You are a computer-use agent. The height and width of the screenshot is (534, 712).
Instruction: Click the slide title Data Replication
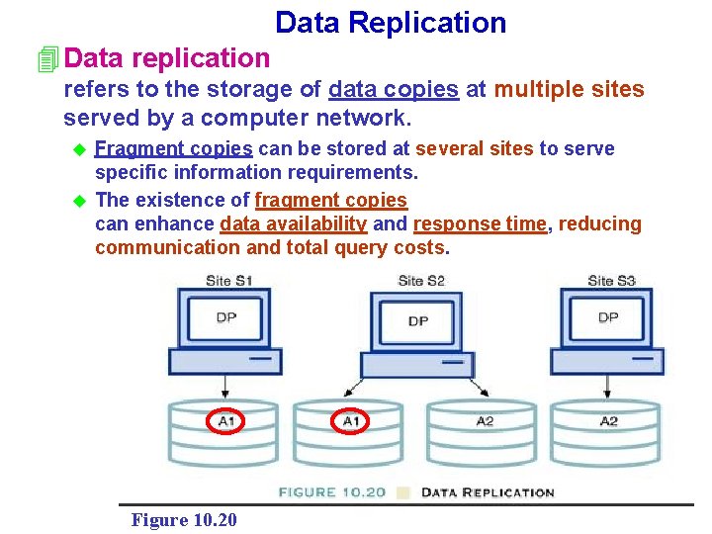(390, 23)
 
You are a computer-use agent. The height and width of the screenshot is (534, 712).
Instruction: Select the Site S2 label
(421, 281)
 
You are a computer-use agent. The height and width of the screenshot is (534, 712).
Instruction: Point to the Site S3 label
(611, 281)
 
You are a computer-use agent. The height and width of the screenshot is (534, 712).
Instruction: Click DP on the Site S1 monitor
(227, 317)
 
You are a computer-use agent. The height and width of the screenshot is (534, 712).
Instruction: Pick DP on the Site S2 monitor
(418, 320)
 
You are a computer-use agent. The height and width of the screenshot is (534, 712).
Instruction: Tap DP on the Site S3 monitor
(608, 317)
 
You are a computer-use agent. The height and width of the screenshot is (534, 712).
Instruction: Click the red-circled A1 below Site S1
(226, 422)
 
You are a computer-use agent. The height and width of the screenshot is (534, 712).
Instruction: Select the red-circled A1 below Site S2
(351, 422)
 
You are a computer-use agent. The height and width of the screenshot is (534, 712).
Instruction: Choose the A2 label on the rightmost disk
(609, 421)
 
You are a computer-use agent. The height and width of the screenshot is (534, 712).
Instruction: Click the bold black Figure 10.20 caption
(184, 519)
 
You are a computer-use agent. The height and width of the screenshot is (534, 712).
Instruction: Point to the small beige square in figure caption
(403, 492)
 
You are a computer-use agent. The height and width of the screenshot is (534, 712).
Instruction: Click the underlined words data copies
(394, 90)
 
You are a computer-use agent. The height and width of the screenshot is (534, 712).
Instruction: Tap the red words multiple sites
(569, 90)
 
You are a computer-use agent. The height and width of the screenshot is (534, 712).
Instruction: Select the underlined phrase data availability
(294, 223)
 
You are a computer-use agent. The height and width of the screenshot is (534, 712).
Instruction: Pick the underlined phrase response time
(480, 223)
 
